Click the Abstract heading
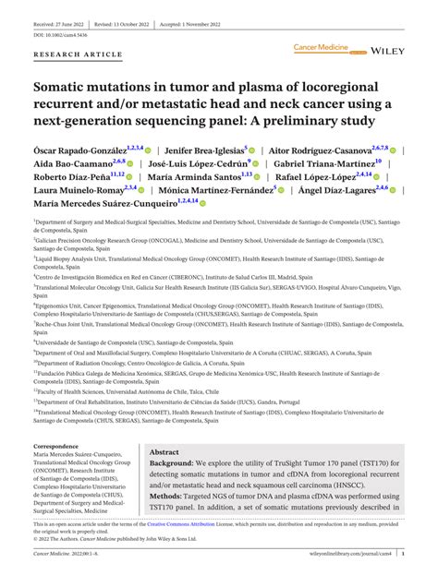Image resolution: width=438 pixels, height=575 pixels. coord(165,453)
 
